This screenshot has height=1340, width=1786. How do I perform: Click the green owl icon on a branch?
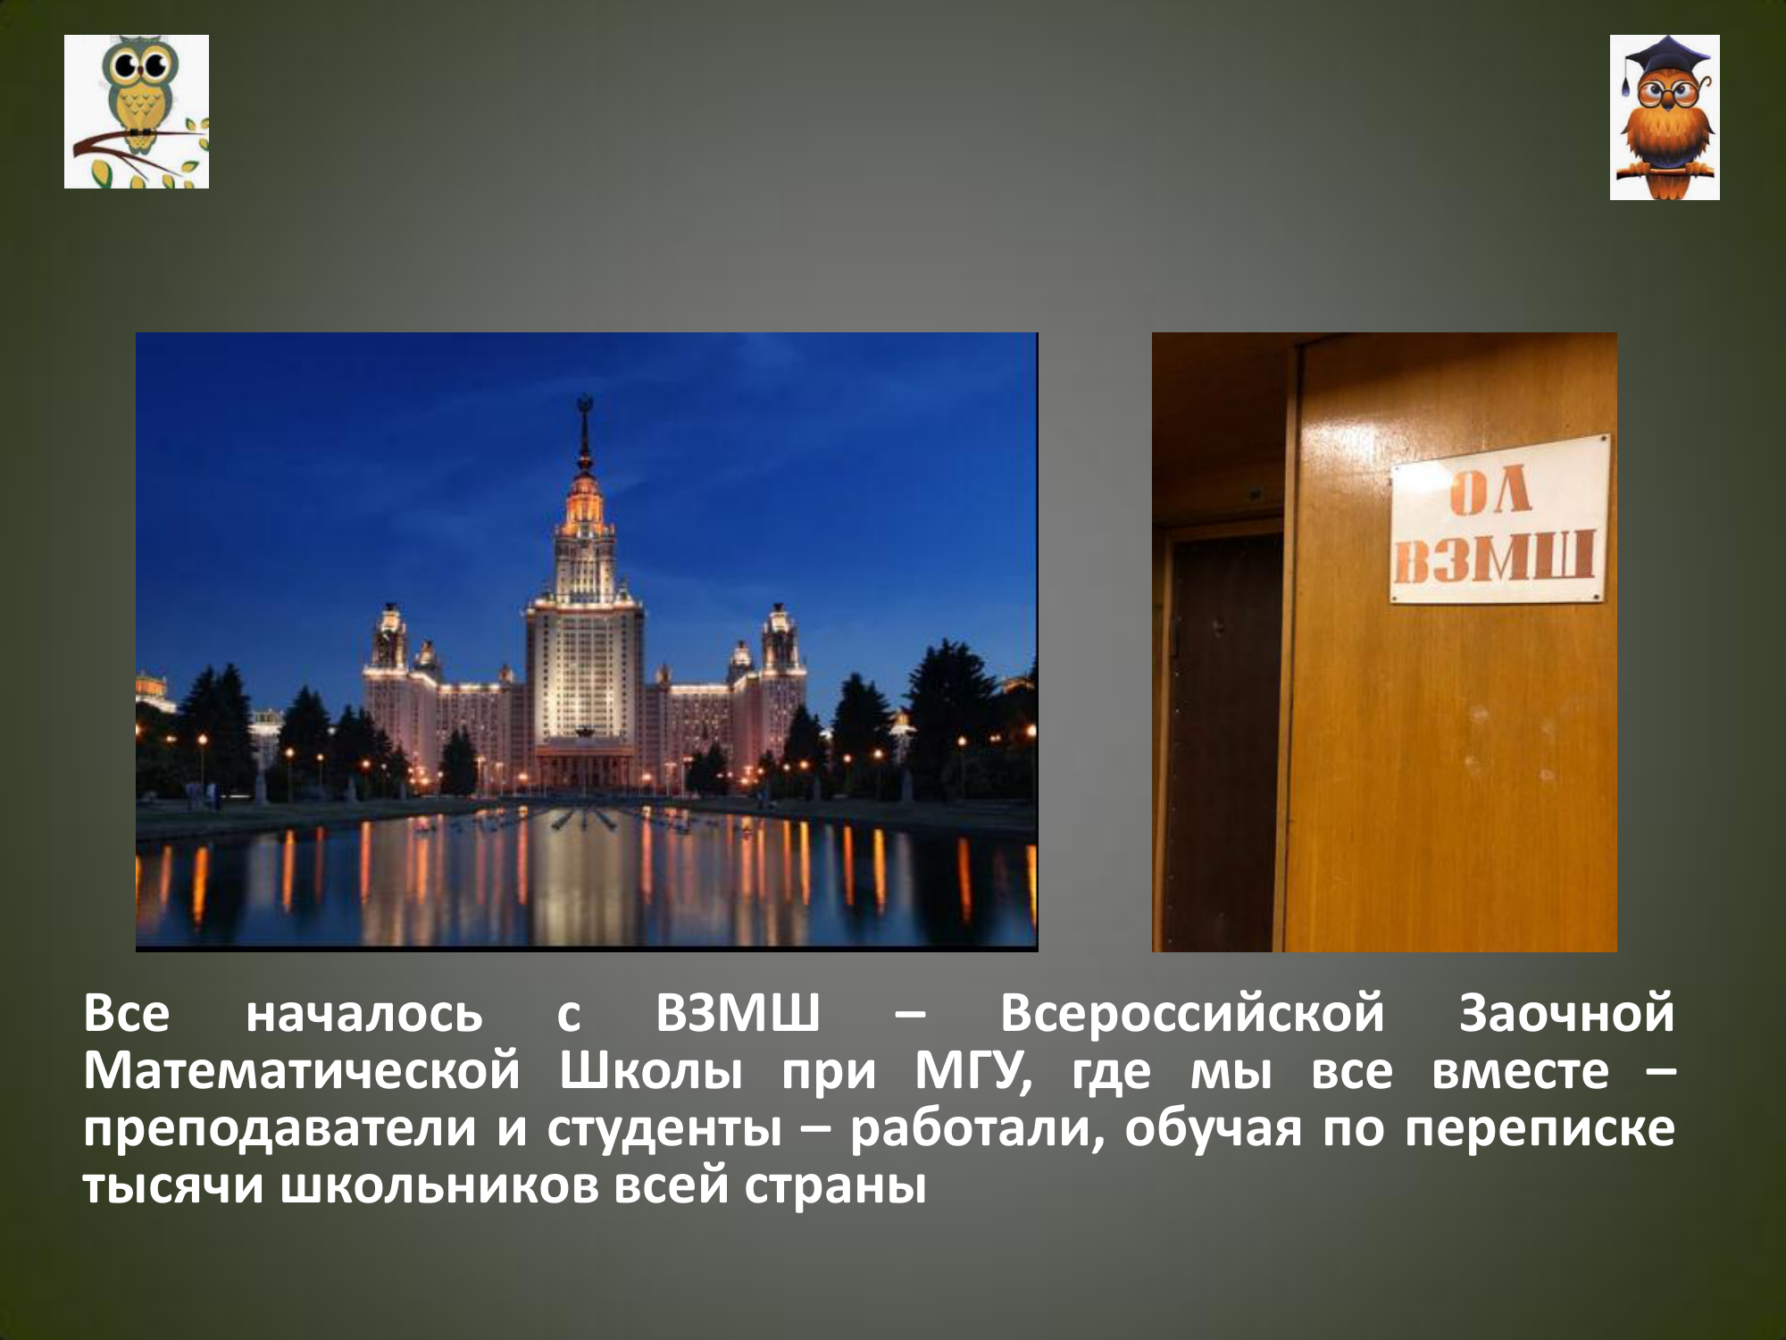(137, 112)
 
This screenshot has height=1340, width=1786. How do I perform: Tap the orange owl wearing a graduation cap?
(1665, 117)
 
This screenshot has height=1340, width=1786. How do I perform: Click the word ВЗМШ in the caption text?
(738, 1013)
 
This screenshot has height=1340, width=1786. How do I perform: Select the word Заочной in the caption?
(1566, 1014)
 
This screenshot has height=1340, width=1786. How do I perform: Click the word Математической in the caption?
(301, 1071)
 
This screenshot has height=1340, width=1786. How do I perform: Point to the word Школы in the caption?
(650, 1071)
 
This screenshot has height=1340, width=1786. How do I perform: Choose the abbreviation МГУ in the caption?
(972, 1072)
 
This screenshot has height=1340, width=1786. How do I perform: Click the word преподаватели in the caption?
(280, 1130)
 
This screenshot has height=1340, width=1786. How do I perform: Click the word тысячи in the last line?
(173, 1187)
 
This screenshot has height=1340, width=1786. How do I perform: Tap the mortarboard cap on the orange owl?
(1666, 59)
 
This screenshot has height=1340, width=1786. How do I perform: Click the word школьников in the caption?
(438, 1187)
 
